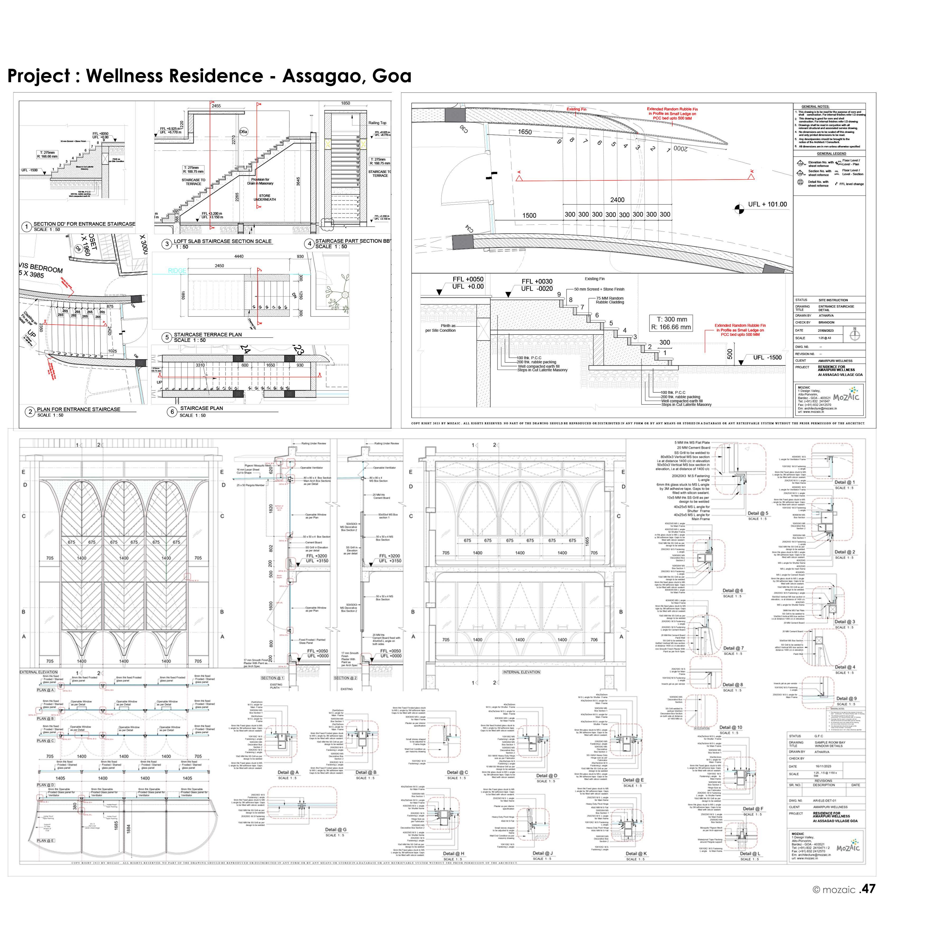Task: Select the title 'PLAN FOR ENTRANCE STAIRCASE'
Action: pyautogui.click(x=79, y=409)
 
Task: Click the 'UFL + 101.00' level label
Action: pyautogui.click(x=767, y=204)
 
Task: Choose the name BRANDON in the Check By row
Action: pyautogui.click(x=826, y=322)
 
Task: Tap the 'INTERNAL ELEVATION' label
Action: pyautogui.click(x=521, y=672)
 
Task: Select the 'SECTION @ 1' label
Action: pyautogui.click(x=272, y=678)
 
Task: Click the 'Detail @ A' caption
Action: pyautogui.click(x=288, y=772)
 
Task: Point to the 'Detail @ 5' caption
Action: pyautogui.click(x=758, y=513)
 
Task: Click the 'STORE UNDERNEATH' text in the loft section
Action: pyautogui.click(x=265, y=198)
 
